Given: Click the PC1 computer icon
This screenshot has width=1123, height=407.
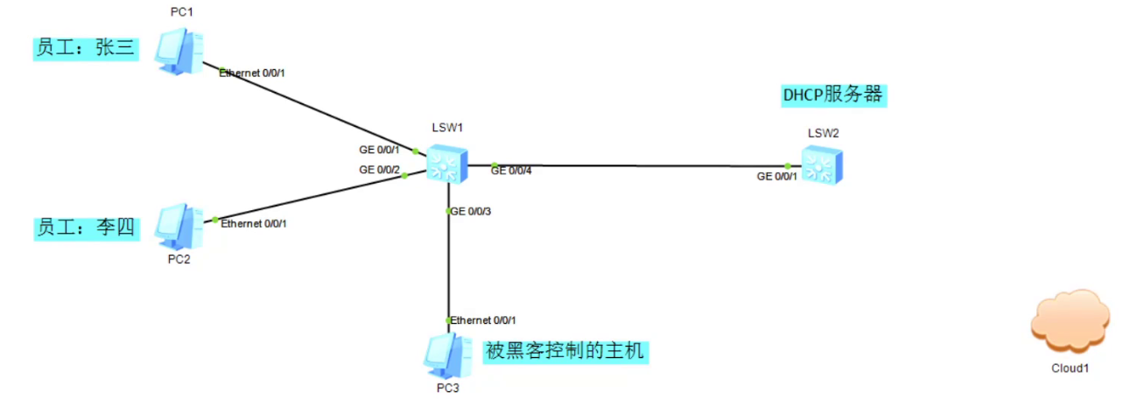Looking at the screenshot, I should coord(180,50).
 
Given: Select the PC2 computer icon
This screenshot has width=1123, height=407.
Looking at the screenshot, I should coord(179,227).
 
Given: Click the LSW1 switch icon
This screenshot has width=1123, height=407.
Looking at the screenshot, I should coord(446,162).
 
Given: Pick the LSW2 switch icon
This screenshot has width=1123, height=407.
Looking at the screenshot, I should coord(822,165).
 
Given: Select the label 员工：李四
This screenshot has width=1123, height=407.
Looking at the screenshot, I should coord(86,228).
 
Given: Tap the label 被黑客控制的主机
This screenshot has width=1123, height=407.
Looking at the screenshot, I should coord(565,352).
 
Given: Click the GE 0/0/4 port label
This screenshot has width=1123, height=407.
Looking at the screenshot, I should coord(511,171).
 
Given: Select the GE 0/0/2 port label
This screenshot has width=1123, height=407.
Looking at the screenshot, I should coord(379,170).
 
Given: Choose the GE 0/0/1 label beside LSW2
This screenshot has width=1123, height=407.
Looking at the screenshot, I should coord(777,176).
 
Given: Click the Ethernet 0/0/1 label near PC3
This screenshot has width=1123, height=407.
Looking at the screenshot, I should coord(489,320).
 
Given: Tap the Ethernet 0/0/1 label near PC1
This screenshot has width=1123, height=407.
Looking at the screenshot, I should coord(252,73).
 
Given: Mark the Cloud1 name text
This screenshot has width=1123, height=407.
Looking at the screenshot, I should coord(1070,368).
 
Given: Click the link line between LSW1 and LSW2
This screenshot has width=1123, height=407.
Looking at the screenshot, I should coord(639,165).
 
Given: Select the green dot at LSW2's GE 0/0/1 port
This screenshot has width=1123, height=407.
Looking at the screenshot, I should coord(788,165).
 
